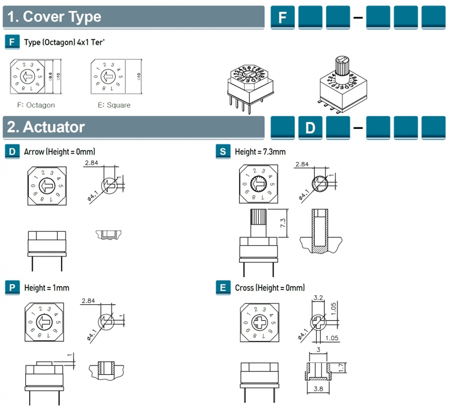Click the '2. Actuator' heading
click(x=46, y=127)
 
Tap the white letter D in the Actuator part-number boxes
click(x=310, y=128)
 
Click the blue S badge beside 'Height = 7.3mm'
click(x=223, y=152)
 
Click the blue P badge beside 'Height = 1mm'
click(x=12, y=287)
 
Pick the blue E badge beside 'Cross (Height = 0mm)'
click(x=223, y=287)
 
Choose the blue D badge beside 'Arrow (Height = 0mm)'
click(x=12, y=152)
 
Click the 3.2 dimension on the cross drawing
click(x=318, y=297)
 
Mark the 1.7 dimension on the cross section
click(x=341, y=367)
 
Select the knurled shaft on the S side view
click(x=259, y=224)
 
